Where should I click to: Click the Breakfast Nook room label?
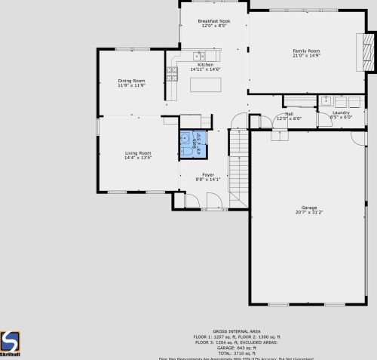tap(213, 21)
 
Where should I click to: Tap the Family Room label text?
tap(307, 51)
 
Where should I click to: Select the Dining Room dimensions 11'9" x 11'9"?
tap(131, 85)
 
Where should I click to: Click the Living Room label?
tap(138, 153)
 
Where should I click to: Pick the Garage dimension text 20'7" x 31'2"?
tap(309, 212)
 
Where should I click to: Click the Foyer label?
tap(208, 174)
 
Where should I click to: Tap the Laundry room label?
tap(342, 112)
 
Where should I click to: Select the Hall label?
tap(289, 113)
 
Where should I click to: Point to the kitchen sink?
tap(199, 55)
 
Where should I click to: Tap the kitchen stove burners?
tap(172, 72)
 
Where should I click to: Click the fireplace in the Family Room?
tap(367, 53)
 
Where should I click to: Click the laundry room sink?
tap(326, 100)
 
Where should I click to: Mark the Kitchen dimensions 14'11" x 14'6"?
tap(205, 69)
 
